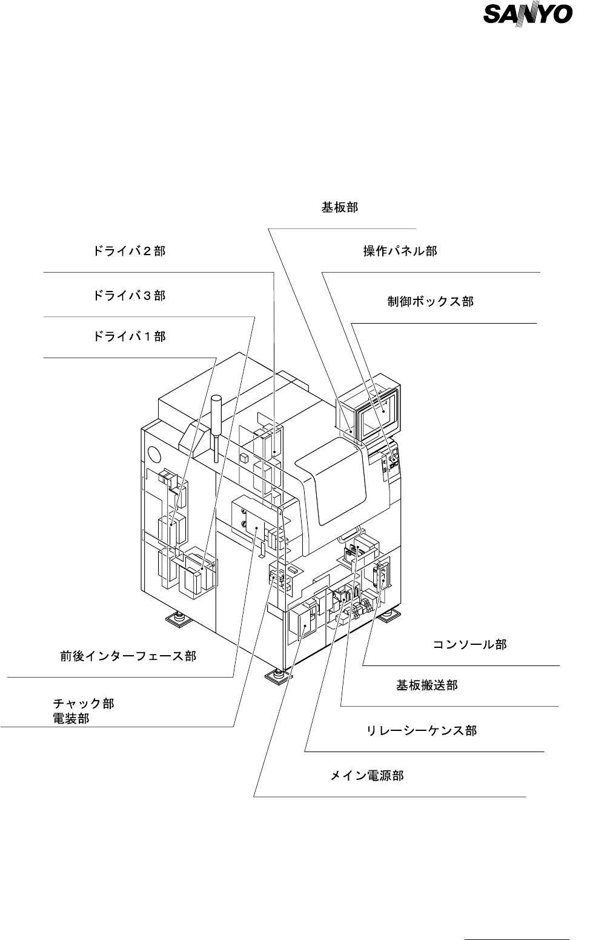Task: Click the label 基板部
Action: click(339, 207)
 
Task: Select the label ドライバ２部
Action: click(129, 251)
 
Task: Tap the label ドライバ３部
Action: click(129, 296)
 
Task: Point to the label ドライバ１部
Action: click(129, 336)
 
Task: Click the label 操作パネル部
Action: click(400, 251)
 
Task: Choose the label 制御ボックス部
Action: click(431, 301)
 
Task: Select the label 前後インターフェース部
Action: click(128, 656)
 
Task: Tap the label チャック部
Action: click(84, 704)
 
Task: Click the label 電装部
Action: click(71, 719)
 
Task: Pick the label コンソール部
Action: click(469, 644)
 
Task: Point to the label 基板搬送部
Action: click(426, 685)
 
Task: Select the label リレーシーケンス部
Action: click(422, 731)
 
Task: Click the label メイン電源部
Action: click(366, 775)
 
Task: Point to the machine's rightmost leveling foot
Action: click(388, 615)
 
